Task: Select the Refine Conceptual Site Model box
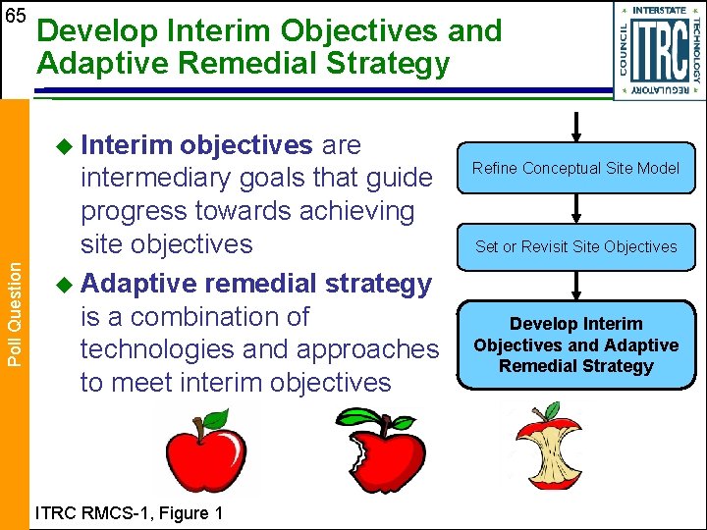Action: pyautogui.click(x=575, y=168)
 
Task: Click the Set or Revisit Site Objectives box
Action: pyautogui.click(x=575, y=246)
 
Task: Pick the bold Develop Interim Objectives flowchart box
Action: pyautogui.click(x=575, y=344)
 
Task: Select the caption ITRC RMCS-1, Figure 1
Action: pyautogui.click(x=129, y=512)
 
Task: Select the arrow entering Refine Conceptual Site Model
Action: pyautogui.click(x=576, y=126)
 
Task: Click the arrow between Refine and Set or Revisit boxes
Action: pyautogui.click(x=576, y=207)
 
